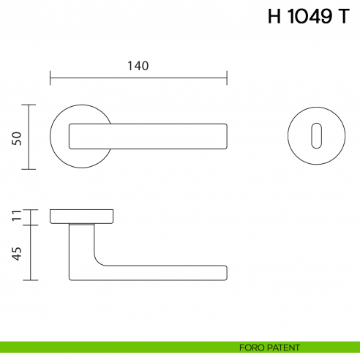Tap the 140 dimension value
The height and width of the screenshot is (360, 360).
tap(138, 66)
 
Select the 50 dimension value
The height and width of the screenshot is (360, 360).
tap(16, 138)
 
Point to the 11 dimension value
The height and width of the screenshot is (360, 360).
tap(16, 216)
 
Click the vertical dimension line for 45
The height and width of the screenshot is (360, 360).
tap(29, 252)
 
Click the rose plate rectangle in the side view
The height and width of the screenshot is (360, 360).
tap(82, 216)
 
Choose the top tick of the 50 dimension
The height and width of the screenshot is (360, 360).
tap(29, 105)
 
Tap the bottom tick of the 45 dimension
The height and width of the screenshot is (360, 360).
tap(29, 280)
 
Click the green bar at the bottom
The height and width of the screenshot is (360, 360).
tap(110, 347)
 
